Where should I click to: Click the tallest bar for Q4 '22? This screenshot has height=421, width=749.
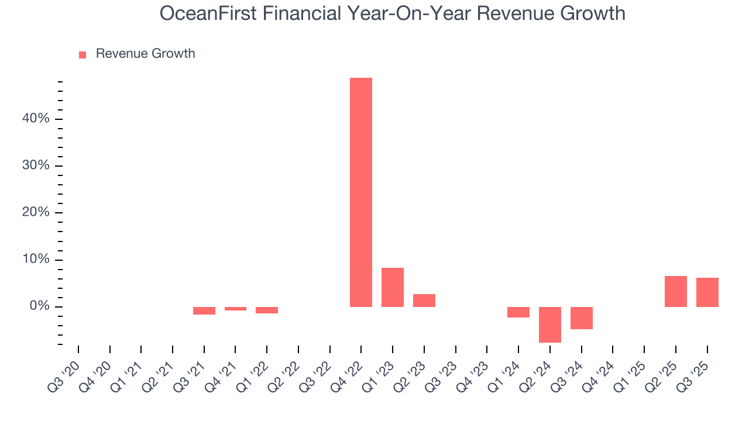[x=361, y=192]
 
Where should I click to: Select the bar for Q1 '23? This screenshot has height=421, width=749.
[x=393, y=287]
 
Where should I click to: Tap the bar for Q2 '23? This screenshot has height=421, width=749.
[x=424, y=301]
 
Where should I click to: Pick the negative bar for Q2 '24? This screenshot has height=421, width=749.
[x=550, y=325]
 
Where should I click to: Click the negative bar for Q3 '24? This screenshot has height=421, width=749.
[x=582, y=318]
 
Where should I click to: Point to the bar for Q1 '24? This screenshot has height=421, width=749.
[x=518, y=312]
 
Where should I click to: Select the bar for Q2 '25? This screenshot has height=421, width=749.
[x=676, y=291]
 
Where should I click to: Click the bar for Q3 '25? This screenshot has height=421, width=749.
[x=707, y=292]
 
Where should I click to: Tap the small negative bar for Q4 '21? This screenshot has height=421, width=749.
[x=235, y=309]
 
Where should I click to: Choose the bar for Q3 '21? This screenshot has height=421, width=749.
[x=204, y=310]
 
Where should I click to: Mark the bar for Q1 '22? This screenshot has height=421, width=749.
[x=267, y=310]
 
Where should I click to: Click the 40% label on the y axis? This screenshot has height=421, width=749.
[x=36, y=119]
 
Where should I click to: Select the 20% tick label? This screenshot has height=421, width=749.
[x=36, y=213]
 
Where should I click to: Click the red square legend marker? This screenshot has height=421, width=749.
[x=83, y=54]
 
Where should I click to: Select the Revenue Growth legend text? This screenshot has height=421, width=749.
[x=145, y=54]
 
